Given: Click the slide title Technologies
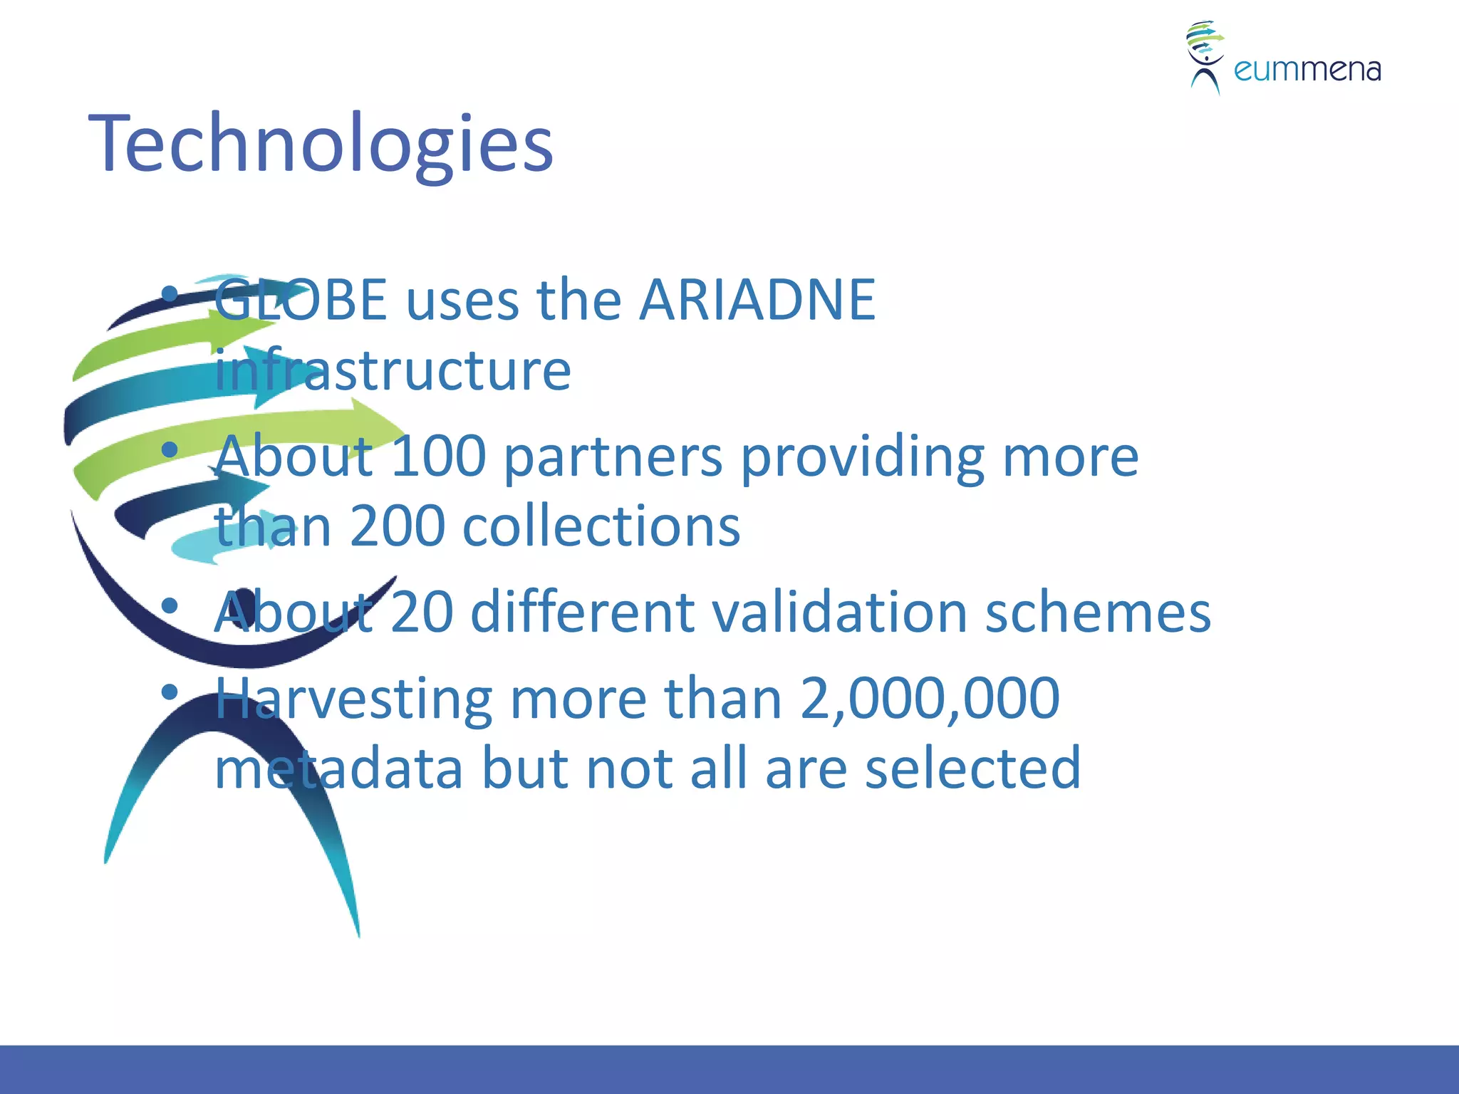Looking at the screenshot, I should point(321,145).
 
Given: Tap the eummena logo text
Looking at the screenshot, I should point(1307,70).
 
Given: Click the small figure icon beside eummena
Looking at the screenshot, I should point(1205,57).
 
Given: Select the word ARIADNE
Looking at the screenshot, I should point(757,300).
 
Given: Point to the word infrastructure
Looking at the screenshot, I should point(393,370).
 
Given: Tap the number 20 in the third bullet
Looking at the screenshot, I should point(422,612).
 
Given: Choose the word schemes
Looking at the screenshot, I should point(1097,612).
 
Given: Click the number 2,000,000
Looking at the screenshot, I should point(930,698).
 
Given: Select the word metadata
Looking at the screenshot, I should point(339,768).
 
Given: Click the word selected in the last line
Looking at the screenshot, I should point(972,768).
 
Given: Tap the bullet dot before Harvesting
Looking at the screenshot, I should point(170,692).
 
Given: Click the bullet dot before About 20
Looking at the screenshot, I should point(170,606).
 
